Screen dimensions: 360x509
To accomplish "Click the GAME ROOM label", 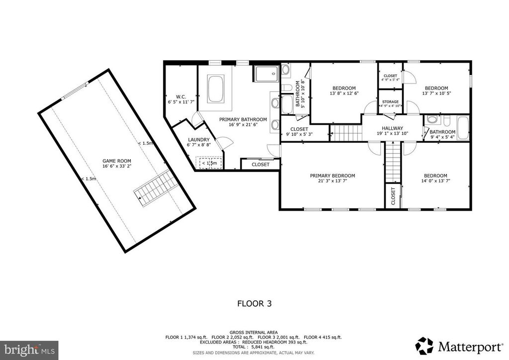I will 112,161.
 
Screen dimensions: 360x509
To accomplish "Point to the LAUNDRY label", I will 199,140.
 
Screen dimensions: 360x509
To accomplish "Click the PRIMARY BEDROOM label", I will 333,176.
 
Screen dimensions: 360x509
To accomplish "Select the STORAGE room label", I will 390,101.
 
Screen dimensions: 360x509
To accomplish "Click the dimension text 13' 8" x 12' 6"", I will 344,93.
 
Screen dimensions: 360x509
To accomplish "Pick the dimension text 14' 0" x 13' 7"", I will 435,181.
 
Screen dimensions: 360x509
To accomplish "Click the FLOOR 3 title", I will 254,302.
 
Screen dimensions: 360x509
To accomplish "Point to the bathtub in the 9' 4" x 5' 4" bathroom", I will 462,128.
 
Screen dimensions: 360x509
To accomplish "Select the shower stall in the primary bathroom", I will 266,74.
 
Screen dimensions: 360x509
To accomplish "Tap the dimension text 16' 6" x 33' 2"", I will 112,167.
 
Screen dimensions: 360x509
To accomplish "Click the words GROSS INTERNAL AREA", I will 254,332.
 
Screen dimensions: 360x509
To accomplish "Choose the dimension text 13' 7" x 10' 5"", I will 436,93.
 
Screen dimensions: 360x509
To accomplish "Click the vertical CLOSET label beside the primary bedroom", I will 393,196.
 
